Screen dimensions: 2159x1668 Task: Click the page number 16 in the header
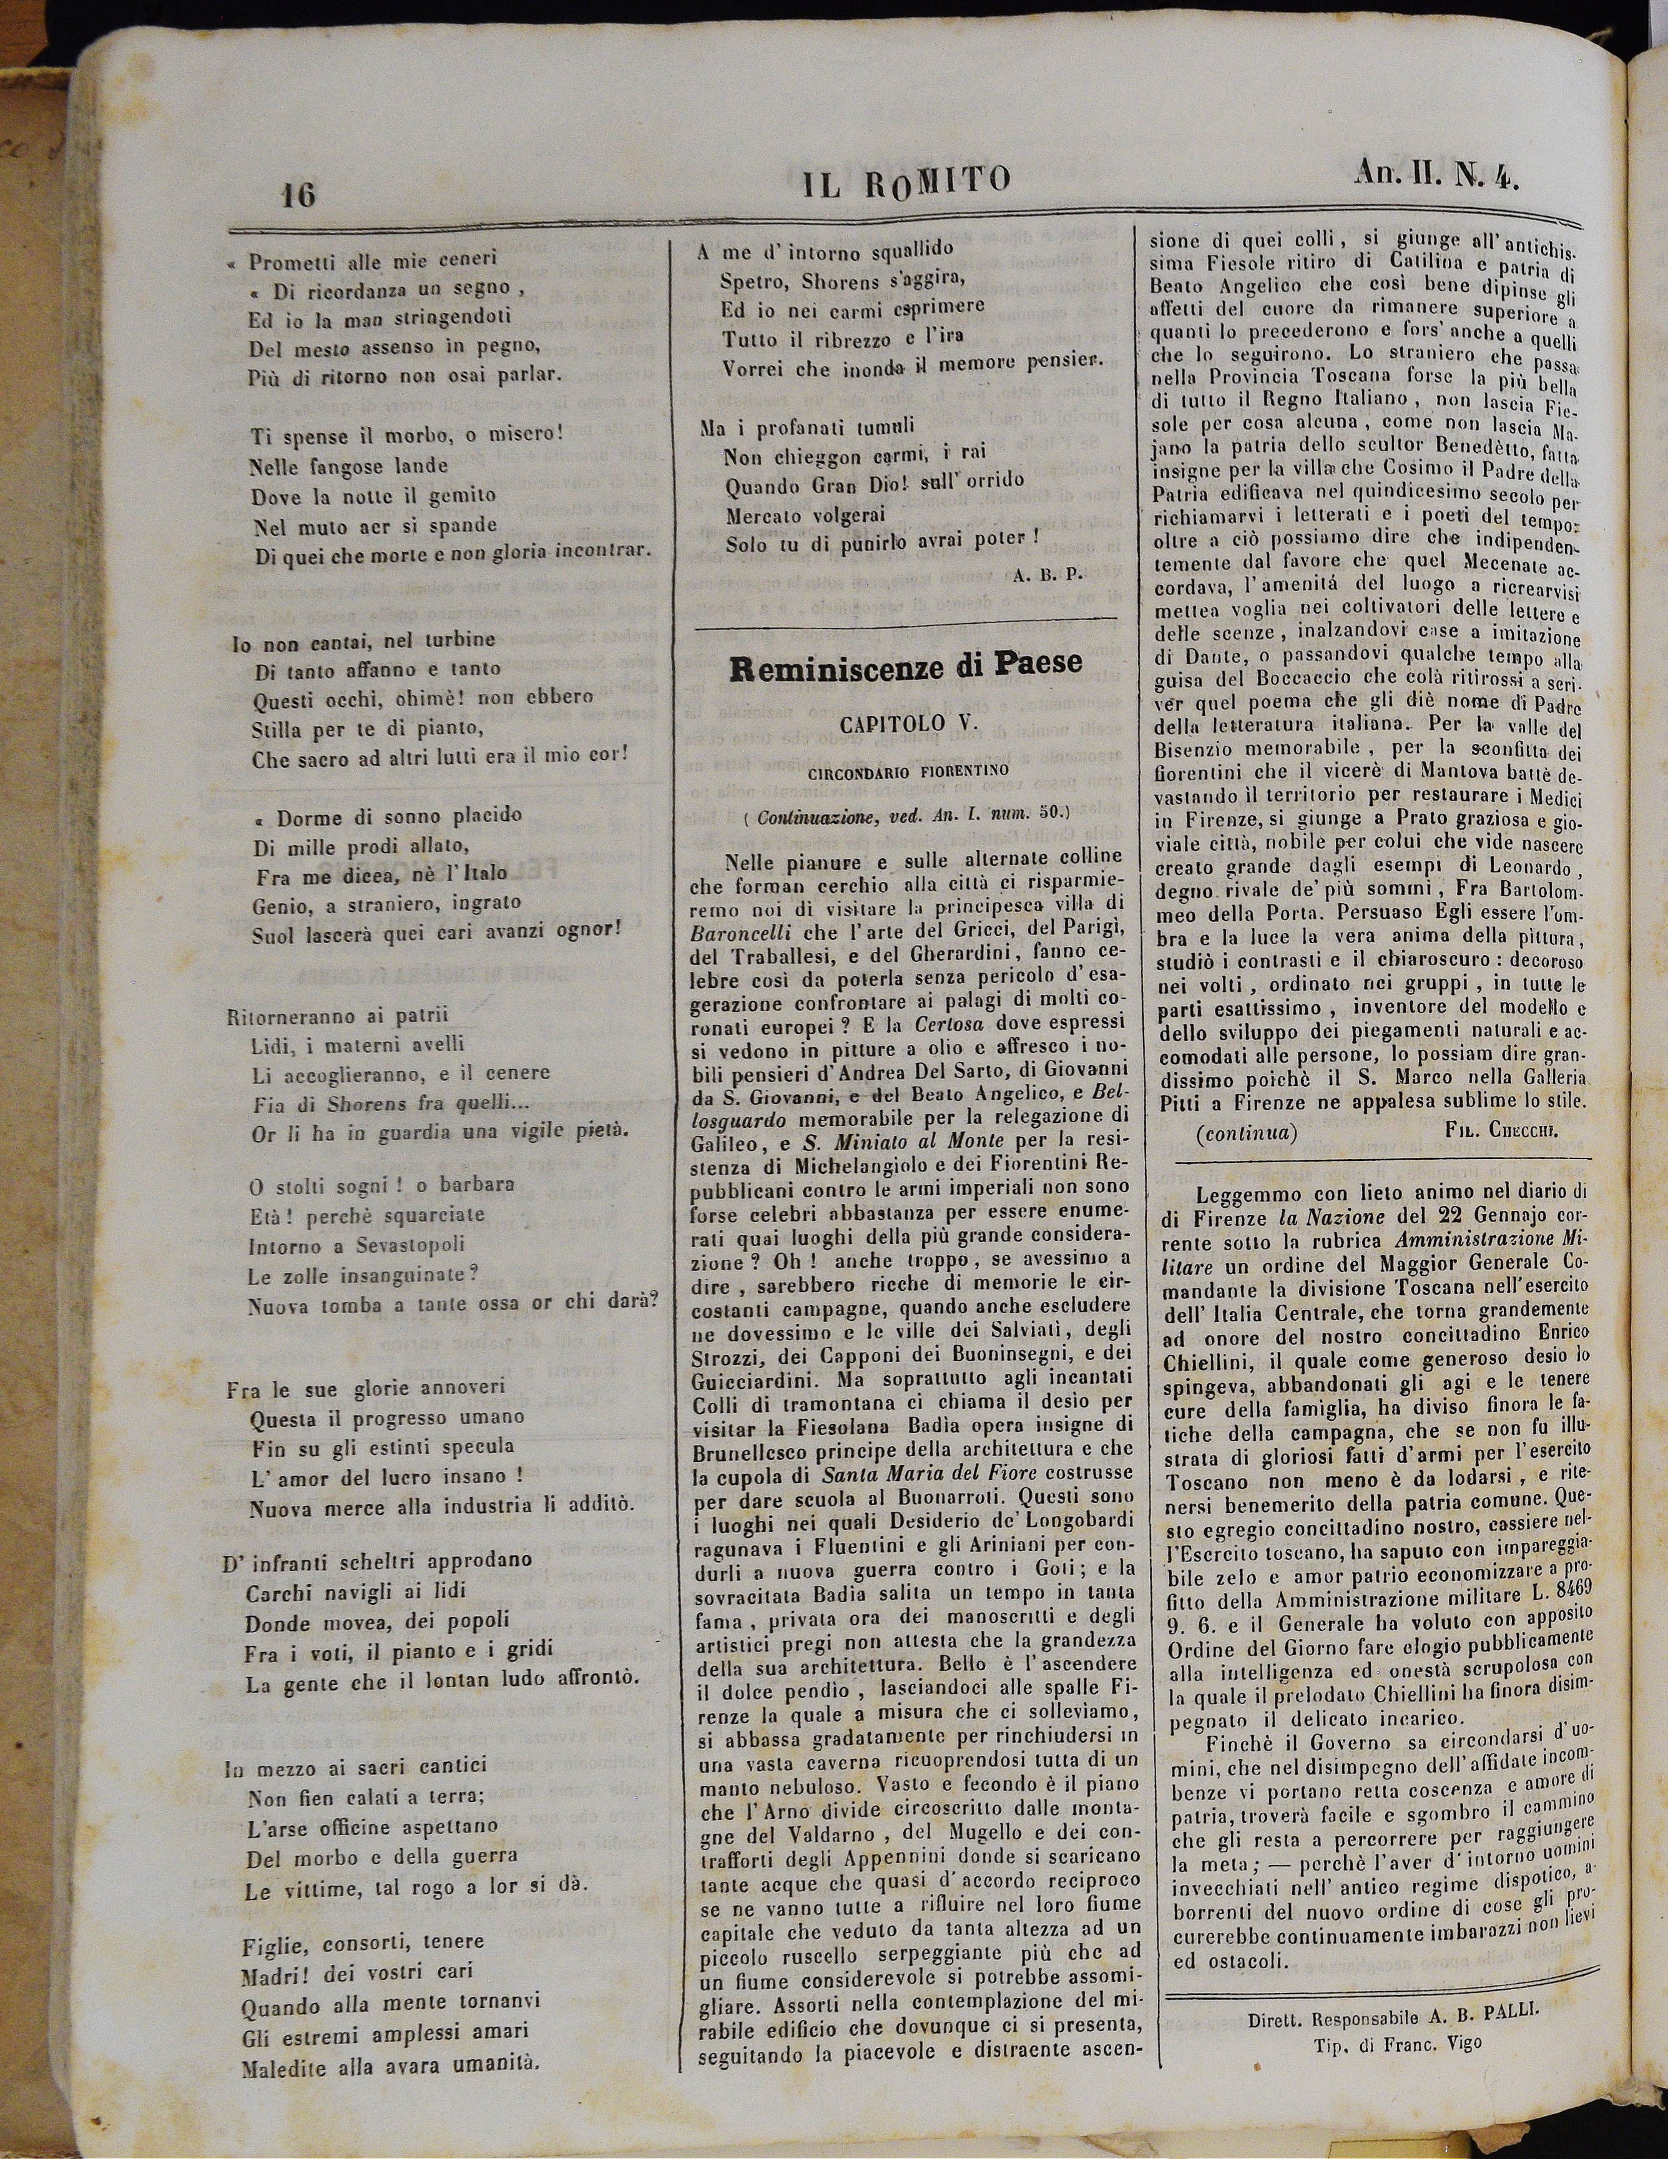(296, 195)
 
